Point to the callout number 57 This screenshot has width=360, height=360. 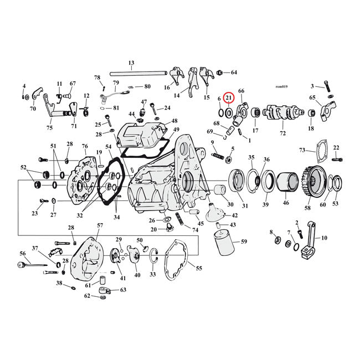pos(100,225)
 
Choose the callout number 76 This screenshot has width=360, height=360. pos(85,146)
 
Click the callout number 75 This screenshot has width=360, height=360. pos(49,127)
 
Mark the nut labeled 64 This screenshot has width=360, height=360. pos(220,73)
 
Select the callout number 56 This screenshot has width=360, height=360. pos(23,253)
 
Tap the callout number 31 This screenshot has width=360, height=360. pos(245,206)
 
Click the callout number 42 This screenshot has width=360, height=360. pos(234,215)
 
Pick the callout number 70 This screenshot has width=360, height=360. pos(33,109)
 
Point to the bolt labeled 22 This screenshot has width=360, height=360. pos(337,159)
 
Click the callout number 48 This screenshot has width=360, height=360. pos(174,121)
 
